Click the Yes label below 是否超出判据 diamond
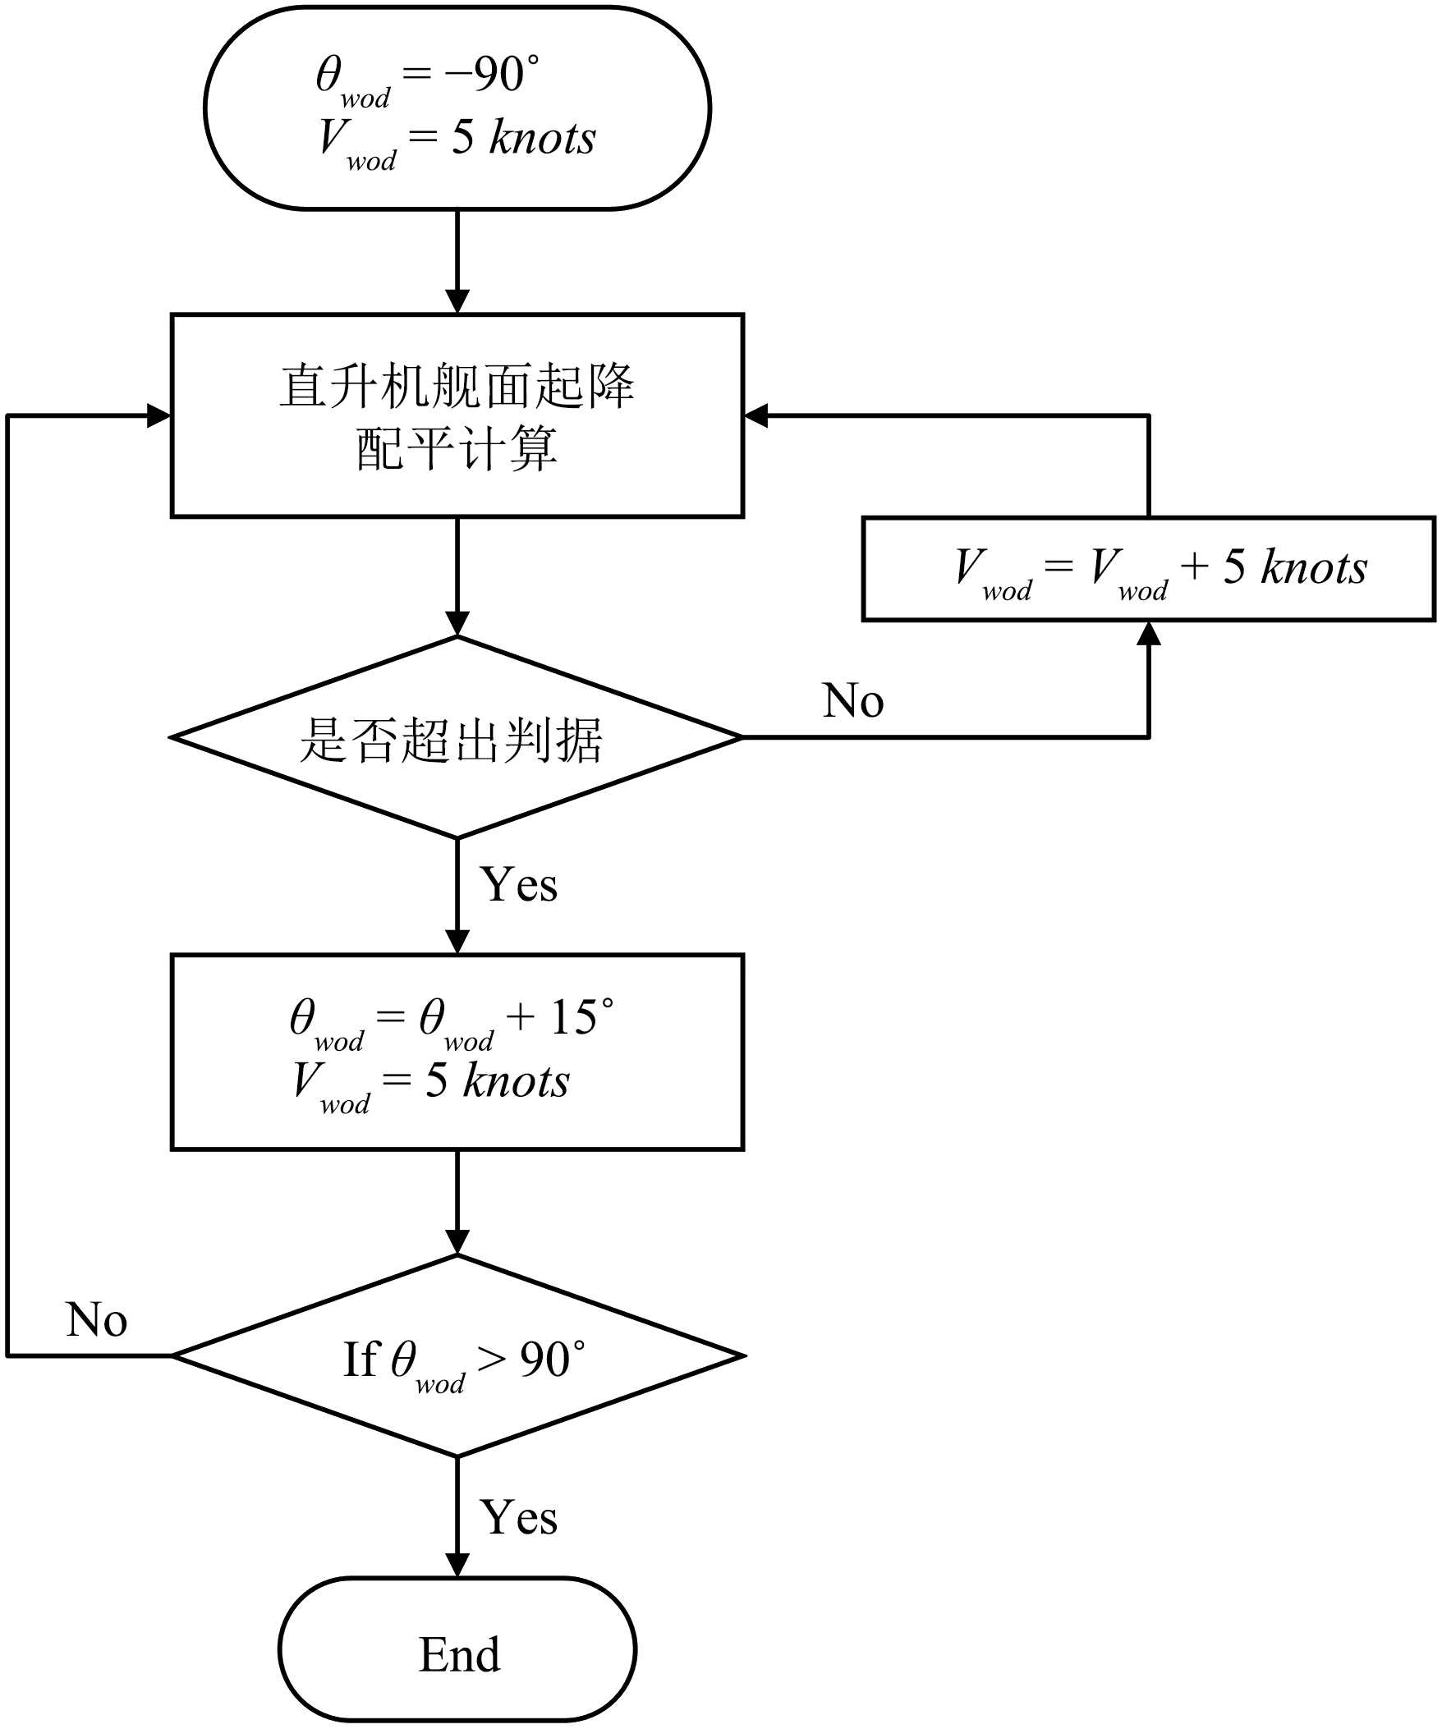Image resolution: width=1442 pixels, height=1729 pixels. pos(518,885)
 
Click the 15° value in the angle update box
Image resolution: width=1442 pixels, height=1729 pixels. pos(581,1018)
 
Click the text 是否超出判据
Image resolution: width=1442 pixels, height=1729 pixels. pos(451,741)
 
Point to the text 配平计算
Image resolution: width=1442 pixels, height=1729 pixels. pos(457,449)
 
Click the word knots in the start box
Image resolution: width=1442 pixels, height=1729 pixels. pos(542,137)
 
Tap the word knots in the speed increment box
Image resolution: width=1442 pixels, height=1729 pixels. pos(1314,567)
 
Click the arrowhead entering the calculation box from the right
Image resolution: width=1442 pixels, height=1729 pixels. pos(756,415)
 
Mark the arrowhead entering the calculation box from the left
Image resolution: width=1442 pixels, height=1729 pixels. pos(158,415)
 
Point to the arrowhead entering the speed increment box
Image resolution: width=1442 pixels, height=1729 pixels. pos(1148,633)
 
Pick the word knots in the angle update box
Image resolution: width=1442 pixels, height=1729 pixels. pos(516,1081)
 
